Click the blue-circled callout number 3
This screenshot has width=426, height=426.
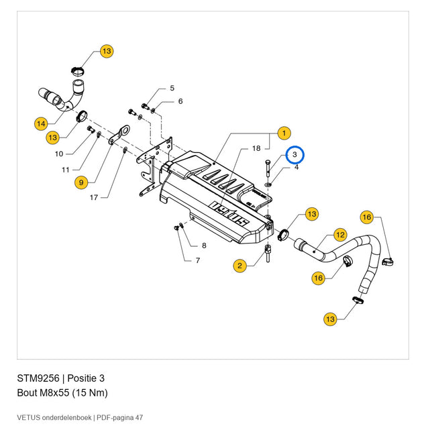tap(295, 154)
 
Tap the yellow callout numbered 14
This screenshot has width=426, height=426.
tap(41, 124)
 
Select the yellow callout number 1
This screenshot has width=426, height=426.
tap(284, 133)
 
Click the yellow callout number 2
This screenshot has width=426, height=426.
tap(239, 266)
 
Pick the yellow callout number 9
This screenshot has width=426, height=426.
tap(81, 182)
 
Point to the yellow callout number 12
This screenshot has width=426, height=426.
tap(340, 235)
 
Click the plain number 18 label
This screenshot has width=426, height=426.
tap(256, 148)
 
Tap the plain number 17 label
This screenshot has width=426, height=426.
tap(94, 197)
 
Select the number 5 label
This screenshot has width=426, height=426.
tap(172, 88)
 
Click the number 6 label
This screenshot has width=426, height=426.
tap(180, 101)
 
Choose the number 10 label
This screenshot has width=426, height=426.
tap(59, 154)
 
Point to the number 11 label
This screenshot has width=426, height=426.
tap(66, 170)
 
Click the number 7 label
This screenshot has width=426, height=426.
tap(198, 260)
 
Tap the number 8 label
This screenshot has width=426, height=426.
tap(204, 246)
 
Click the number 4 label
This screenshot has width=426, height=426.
tap(297, 167)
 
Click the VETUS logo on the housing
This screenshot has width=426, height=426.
tap(230, 215)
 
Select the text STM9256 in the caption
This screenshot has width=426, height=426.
tap(38, 378)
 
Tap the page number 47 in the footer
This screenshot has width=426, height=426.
tap(139, 417)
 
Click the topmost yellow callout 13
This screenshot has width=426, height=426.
tap(107, 51)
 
